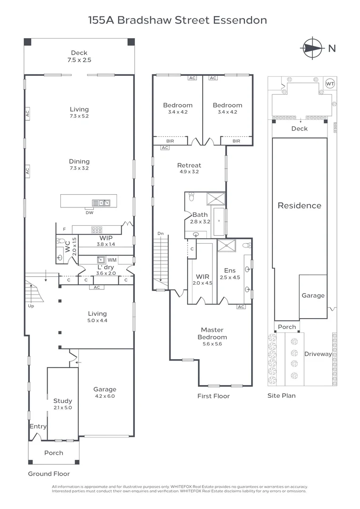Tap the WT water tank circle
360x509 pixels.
(x=330, y=83)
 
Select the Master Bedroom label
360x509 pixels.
(x=212, y=334)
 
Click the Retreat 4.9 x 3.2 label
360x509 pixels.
(x=189, y=168)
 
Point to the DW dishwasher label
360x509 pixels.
(x=90, y=213)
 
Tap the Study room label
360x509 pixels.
(x=62, y=404)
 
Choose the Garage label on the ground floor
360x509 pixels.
(x=105, y=393)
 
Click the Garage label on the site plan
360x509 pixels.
(x=313, y=296)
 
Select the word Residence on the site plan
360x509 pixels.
(x=299, y=205)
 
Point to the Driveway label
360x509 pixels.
(x=318, y=354)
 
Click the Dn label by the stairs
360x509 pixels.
(x=160, y=234)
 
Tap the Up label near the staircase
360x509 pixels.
(x=31, y=306)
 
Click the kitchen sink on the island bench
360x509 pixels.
(x=101, y=203)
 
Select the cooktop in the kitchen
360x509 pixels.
(x=97, y=230)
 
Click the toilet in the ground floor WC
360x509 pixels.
(x=60, y=241)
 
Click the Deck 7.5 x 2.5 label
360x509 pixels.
(x=79, y=57)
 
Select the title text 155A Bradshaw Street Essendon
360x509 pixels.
(x=178, y=20)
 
